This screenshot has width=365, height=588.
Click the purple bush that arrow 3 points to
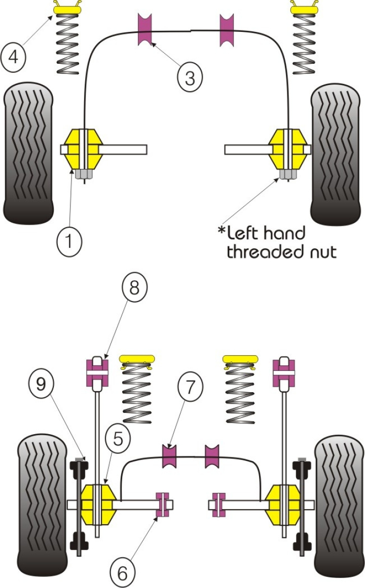tap(145, 29)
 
